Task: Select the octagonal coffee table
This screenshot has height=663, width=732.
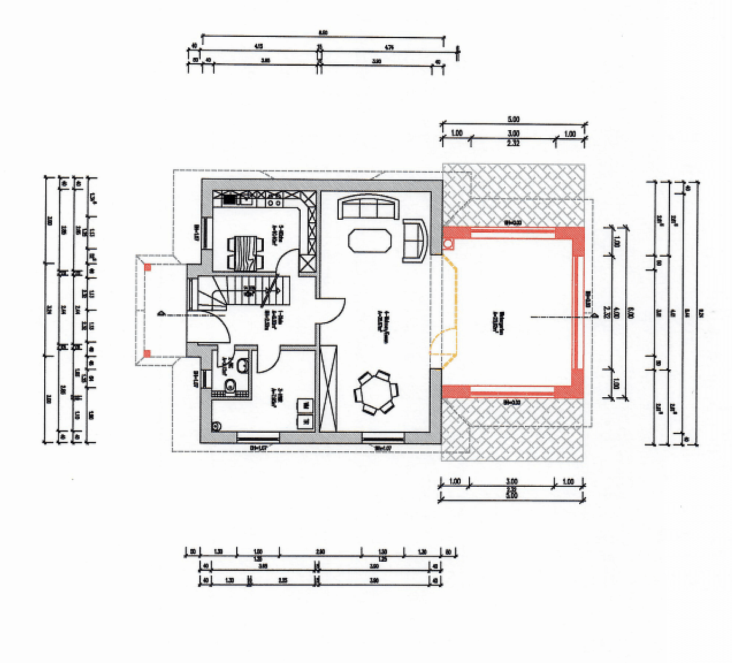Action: [x=369, y=239]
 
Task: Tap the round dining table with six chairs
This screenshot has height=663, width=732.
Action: [x=376, y=392]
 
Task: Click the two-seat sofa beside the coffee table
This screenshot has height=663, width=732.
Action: [x=414, y=240]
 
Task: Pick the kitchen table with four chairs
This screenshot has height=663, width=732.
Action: [x=246, y=252]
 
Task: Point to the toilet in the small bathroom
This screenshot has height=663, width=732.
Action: [x=231, y=386]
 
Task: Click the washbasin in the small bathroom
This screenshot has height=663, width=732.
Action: [x=242, y=365]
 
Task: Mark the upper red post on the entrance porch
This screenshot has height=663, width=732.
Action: [x=148, y=266]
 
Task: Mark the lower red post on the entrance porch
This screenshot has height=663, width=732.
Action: [x=147, y=352]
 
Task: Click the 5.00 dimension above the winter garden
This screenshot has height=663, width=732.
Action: [x=513, y=119]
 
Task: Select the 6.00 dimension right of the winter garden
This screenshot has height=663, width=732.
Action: [x=631, y=312]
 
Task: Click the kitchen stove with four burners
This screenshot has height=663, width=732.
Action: [x=274, y=199]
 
